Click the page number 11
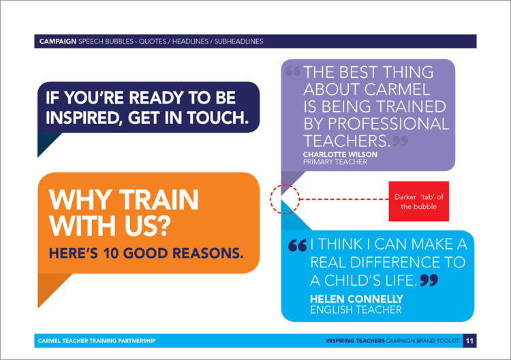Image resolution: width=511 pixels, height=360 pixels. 469,341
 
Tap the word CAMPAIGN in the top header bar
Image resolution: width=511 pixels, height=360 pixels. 58,42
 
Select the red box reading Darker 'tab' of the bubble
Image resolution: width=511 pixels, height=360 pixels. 419,201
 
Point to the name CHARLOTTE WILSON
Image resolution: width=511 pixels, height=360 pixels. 340,154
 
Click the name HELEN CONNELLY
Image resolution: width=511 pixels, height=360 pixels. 356,299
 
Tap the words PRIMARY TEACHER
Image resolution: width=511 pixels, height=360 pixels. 335,162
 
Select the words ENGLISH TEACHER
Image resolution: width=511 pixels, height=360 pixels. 356,310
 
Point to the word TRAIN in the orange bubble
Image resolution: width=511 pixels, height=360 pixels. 159,200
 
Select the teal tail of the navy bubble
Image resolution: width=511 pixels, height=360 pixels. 46,141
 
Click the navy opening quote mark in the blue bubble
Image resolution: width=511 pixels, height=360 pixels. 298,245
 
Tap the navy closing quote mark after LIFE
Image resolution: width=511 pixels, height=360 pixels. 429,280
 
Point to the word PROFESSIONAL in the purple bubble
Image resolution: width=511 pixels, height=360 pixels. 388,124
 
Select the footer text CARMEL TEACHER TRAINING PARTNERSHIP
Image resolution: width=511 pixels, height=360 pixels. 97,341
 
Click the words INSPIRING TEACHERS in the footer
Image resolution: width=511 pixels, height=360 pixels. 355,341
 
